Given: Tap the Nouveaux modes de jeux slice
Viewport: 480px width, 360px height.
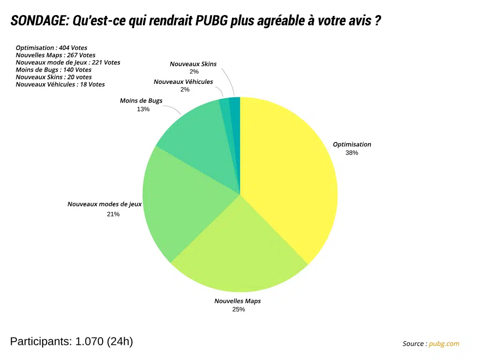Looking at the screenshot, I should (x=183, y=206).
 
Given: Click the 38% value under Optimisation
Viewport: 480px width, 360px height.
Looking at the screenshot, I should (x=352, y=153).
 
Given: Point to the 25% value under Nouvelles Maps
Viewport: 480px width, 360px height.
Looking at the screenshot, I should (x=239, y=309).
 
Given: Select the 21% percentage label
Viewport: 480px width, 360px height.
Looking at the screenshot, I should (x=113, y=214).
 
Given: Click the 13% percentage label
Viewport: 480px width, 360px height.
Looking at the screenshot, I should (x=143, y=109).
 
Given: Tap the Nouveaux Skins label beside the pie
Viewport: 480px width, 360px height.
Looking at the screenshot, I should (x=193, y=64).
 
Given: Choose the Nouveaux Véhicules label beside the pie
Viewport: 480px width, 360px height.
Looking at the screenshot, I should (x=183, y=82).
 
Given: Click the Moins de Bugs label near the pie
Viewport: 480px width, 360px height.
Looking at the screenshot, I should (x=141, y=101).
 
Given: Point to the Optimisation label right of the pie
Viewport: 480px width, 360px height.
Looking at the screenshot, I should (x=352, y=144).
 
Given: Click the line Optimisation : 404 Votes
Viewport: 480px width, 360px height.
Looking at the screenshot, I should (x=52, y=48).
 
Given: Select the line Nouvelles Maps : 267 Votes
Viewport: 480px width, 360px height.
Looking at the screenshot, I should (x=55, y=55).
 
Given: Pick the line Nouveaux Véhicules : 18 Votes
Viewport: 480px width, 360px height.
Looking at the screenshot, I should (x=60, y=84).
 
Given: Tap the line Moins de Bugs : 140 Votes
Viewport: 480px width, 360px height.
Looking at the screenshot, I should (x=53, y=70).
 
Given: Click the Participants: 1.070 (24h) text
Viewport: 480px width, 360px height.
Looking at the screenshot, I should (x=71, y=341).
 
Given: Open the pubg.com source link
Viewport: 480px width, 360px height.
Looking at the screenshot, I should (x=444, y=344).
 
